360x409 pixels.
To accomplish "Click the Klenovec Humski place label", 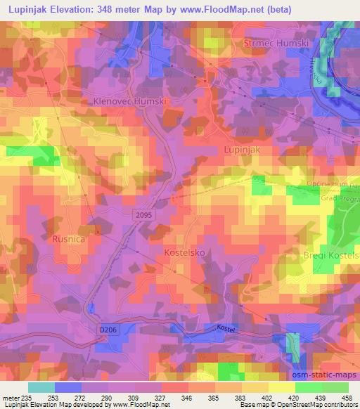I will pyautogui.click(x=129, y=101).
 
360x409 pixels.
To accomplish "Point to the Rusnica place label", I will pyautogui.click(x=69, y=240).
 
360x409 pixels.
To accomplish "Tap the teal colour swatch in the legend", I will pyautogui.click(x=41, y=387).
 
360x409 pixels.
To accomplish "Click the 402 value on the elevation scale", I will pyautogui.click(x=269, y=397).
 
